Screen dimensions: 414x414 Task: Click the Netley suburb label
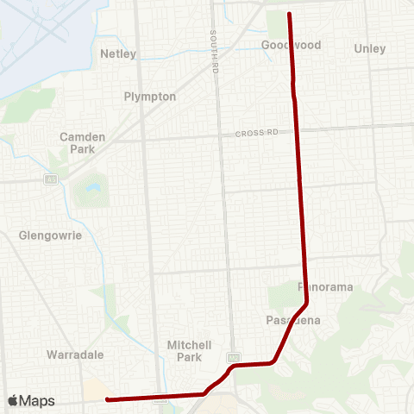tap(119, 53)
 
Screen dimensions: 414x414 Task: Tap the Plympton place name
tap(150, 97)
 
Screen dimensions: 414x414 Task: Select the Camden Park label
tap(83, 142)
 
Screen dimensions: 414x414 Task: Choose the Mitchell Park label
tap(185, 350)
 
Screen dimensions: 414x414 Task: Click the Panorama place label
tap(320, 285)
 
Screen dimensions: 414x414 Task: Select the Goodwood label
tap(291, 45)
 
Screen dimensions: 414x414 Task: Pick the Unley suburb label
tap(370, 49)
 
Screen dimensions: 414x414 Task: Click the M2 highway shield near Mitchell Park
tap(233, 356)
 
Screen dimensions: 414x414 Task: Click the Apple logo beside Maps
tap(13, 401)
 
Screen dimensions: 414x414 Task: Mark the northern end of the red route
tap(289, 14)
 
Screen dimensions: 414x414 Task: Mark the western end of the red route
tap(107, 398)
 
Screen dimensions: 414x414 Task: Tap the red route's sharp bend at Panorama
tap(307, 303)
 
